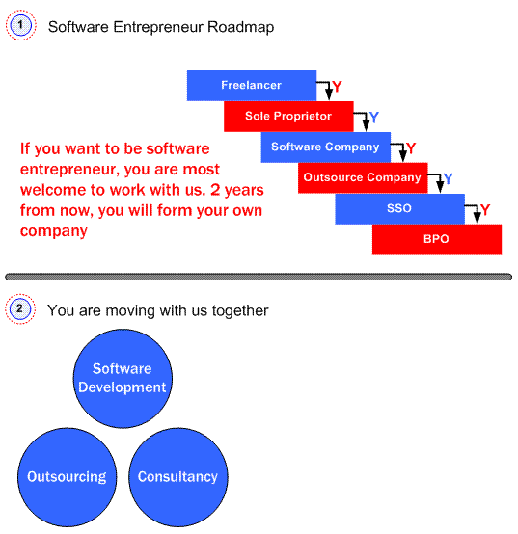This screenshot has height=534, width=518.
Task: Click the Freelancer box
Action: coord(252,86)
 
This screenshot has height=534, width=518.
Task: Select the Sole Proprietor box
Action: coord(288,116)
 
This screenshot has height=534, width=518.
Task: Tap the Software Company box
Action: coord(326,147)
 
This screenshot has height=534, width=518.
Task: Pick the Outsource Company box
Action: coord(363,177)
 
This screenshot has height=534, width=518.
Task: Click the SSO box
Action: coord(399,209)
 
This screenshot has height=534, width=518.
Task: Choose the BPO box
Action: coord(437,239)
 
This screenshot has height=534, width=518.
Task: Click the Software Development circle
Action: coord(123,379)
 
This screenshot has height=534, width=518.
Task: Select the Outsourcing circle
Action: coord(68,477)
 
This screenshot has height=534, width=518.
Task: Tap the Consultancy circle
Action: coord(178,477)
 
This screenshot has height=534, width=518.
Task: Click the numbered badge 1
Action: coord(21,25)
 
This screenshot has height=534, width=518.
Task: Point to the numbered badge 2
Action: coord(20,308)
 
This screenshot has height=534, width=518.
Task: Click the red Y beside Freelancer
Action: coord(337,87)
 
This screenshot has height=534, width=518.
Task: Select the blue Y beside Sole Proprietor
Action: coord(374,118)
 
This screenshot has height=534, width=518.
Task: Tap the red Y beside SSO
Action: coord(485,210)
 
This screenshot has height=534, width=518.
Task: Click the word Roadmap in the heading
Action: coord(240,27)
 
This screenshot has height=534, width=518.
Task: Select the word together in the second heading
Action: coord(240,311)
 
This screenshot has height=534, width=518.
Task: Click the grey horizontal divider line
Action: coord(259,277)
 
